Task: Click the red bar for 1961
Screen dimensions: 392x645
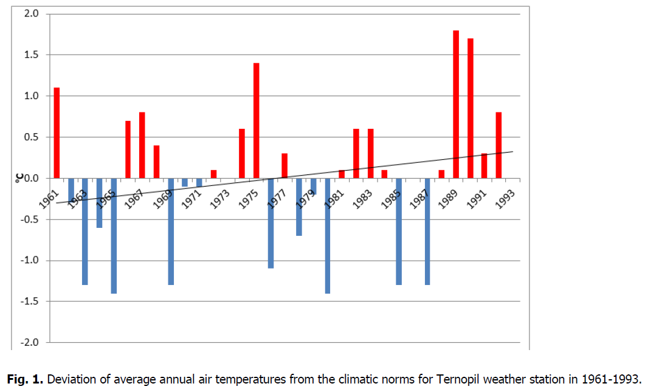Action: (57, 132)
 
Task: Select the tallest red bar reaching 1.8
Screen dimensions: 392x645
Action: (456, 104)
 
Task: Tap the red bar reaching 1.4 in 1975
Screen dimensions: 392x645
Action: (257, 120)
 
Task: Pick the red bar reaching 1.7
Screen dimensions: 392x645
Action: (470, 108)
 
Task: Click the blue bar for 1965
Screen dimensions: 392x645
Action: (114, 236)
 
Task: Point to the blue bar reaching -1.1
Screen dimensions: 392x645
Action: (271, 223)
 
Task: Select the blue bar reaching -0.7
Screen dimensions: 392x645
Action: (299, 207)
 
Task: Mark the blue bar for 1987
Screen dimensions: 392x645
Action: (427, 232)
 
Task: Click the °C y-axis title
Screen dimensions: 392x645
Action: (19, 177)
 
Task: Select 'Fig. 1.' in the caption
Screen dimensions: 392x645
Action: (25, 380)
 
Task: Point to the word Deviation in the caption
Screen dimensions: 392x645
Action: (69, 380)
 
